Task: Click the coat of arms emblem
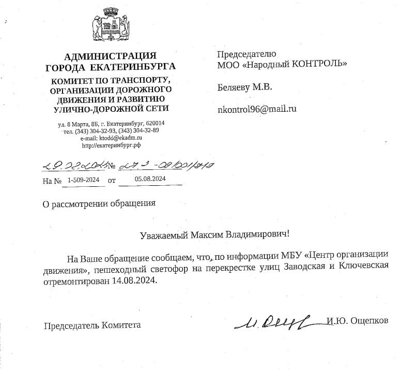click(x=110, y=26)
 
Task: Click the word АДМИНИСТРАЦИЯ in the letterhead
click(x=110, y=56)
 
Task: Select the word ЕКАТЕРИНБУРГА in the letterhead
click(x=133, y=67)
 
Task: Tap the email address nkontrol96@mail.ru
click(x=257, y=109)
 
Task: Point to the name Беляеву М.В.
click(x=245, y=87)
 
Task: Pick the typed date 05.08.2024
click(x=149, y=179)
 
